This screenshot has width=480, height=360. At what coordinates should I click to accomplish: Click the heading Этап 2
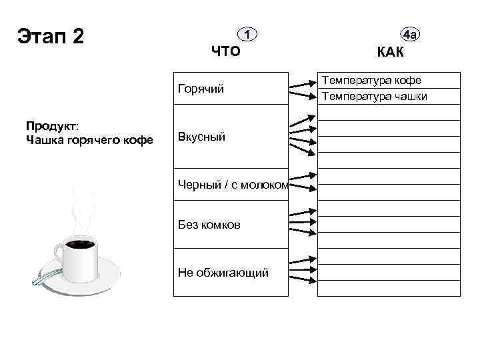(51, 37)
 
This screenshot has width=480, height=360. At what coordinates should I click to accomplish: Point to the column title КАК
(395, 52)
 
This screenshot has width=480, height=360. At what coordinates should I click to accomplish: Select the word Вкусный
(201, 137)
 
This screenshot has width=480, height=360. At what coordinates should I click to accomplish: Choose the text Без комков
(209, 225)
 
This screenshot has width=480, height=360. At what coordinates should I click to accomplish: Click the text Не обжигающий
(223, 272)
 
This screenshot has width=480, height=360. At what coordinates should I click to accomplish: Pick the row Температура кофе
(372, 81)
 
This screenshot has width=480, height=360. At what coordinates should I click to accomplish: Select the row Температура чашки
(375, 97)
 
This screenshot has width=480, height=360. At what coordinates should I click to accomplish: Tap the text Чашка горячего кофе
(89, 140)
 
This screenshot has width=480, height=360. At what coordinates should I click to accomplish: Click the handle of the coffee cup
(58, 254)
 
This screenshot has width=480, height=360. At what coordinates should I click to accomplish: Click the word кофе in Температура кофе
(407, 81)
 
